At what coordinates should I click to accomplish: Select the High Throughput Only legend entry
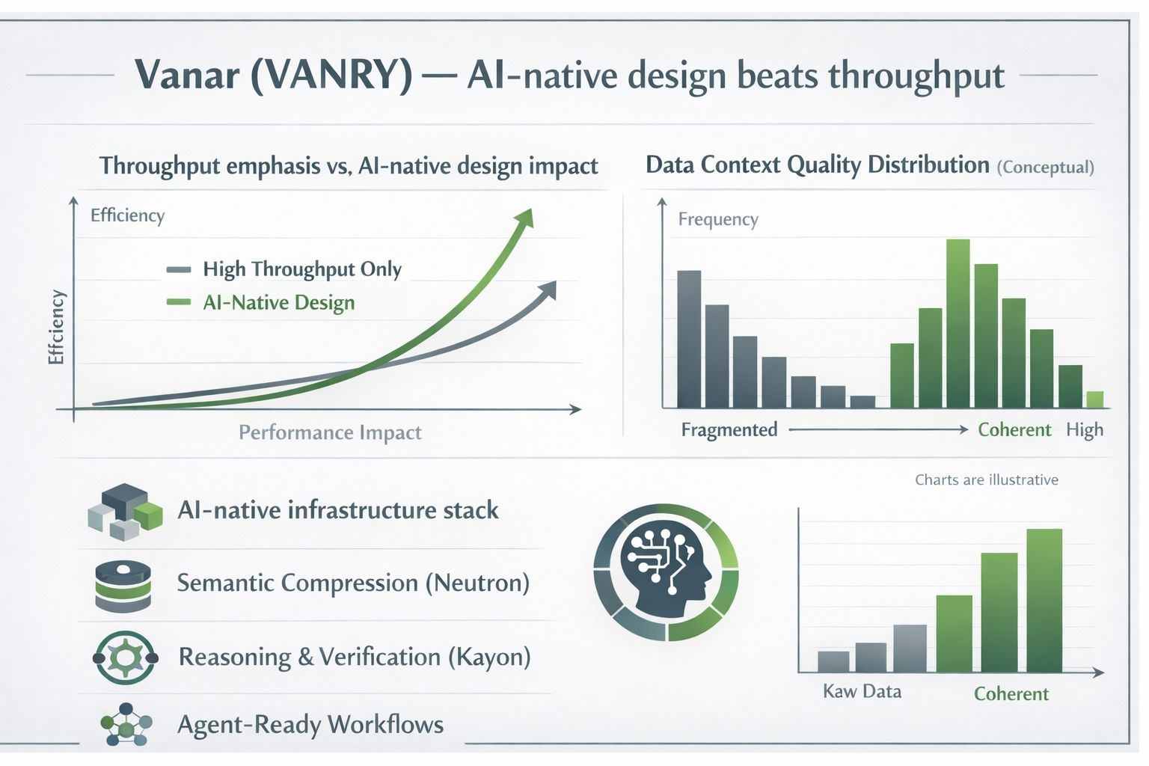pyautogui.click(x=284, y=269)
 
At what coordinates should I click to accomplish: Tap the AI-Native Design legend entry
pyautogui.click(x=260, y=303)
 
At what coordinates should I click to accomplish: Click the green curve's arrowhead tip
pyautogui.click(x=531, y=209)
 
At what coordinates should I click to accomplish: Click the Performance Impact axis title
pyautogui.click(x=330, y=432)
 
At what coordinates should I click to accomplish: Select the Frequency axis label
pyautogui.click(x=718, y=219)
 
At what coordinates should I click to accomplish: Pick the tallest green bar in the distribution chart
pyautogui.click(x=957, y=323)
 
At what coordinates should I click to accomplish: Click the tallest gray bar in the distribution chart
pyautogui.click(x=689, y=339)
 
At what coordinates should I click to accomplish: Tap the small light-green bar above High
pyautogui.click(x=1095, y=399)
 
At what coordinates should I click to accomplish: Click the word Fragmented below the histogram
pyautogui.click(x=729, y=429)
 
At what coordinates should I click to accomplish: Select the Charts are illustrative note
pyautogui.click(x=987, y=479)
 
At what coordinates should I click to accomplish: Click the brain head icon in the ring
pyautogui.click(x=666, y=572)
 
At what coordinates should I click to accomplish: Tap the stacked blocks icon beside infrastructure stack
pyautogui.click(x=125, y=512)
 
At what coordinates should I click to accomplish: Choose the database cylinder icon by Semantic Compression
pyautogui.click(x=123, y=586)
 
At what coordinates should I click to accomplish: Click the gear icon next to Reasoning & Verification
pyautogui.click(x=125, y=658)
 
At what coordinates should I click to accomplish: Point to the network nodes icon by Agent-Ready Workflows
pyautogui.click(x=126, y=724)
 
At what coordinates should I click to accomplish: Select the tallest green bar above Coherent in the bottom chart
pyautogui.click(x=1044, y=600)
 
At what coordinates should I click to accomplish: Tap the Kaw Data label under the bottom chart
pyautogui.click(x=862, y=691)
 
